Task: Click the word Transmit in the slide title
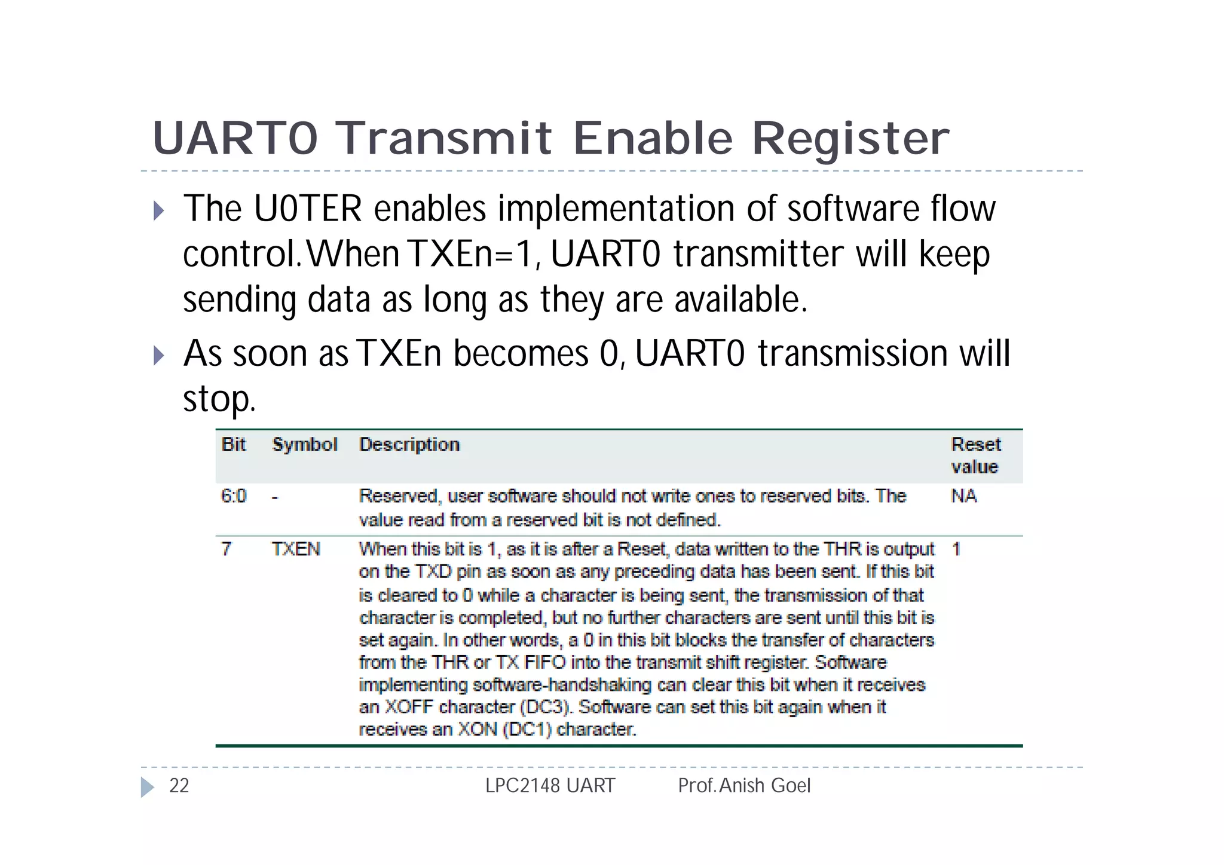[x=444, y=138]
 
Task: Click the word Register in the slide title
[x=850, y=139]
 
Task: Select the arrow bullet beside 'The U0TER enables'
[x=158, y=210]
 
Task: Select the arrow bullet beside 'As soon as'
[x=158, y=355]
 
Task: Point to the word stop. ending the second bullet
[x=219, y=399]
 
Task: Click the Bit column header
[x=234, y=444]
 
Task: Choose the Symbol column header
[x=305, y=444]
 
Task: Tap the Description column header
[x=409, y=444]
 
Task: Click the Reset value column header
[x=975, y=455]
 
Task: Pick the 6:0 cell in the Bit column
[x=234, y=496]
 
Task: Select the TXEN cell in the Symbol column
[x=296, y=549]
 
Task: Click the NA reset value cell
[x=964, y=496]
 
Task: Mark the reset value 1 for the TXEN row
[x=956, y=549]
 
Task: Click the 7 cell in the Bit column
[x=227, y=549]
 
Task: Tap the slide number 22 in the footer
[x=179, y=785]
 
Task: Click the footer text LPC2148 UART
[x=550, y=785]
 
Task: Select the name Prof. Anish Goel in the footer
[x=744, y=785]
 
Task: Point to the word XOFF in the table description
[x=409, y=707]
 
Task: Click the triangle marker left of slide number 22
[x=147, y=787]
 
